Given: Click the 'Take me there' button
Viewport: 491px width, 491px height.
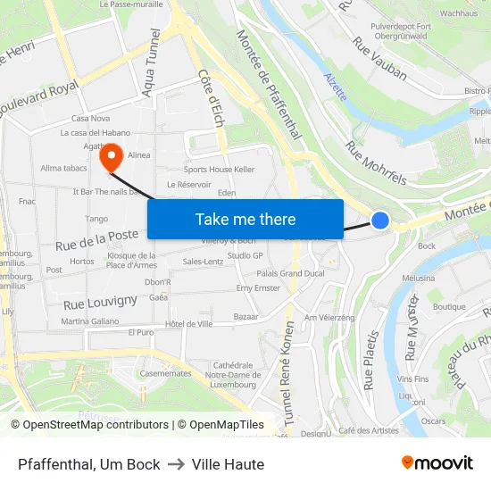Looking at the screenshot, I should tap(245, 219).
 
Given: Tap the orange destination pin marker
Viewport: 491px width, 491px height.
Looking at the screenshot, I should tap(112, 158).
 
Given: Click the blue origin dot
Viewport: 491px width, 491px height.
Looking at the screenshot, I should tap(380, 220).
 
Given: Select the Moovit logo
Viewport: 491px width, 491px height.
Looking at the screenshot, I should tap(437, 463).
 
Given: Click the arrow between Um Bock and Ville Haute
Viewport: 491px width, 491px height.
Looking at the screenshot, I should tap(176, 464).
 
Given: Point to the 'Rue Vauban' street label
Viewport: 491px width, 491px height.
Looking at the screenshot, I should tap(380, 57).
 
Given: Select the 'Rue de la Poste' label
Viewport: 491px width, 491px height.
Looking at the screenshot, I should tap(97, 238).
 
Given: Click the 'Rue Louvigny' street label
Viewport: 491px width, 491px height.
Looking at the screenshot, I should tap(100, 302).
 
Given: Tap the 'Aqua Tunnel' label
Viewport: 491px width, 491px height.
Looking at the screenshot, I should tap(151, 62).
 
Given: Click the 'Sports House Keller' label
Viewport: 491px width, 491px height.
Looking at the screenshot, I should tap(219, 169).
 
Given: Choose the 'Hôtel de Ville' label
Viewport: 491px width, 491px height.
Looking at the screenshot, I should tap(189, 323).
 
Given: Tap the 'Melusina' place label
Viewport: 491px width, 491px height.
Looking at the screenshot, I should tap(444, 279).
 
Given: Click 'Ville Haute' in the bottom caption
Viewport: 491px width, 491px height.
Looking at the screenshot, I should tap(228, 464).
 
